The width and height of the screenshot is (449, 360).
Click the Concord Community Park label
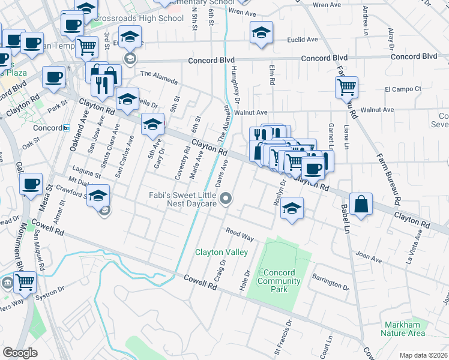(279, 281)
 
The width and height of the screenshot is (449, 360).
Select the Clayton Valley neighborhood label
(221, 253)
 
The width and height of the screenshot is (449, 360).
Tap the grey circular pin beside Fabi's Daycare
(226, 199)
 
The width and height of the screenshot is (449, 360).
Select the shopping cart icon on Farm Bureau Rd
(346, 87)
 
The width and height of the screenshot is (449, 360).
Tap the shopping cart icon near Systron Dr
(25, 281)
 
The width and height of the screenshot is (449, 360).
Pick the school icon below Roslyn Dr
(292, 208)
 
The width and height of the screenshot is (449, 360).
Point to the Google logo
(20, 352)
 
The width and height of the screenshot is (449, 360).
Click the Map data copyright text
(423, 355)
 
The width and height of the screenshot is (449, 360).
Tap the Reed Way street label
(240, 235)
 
